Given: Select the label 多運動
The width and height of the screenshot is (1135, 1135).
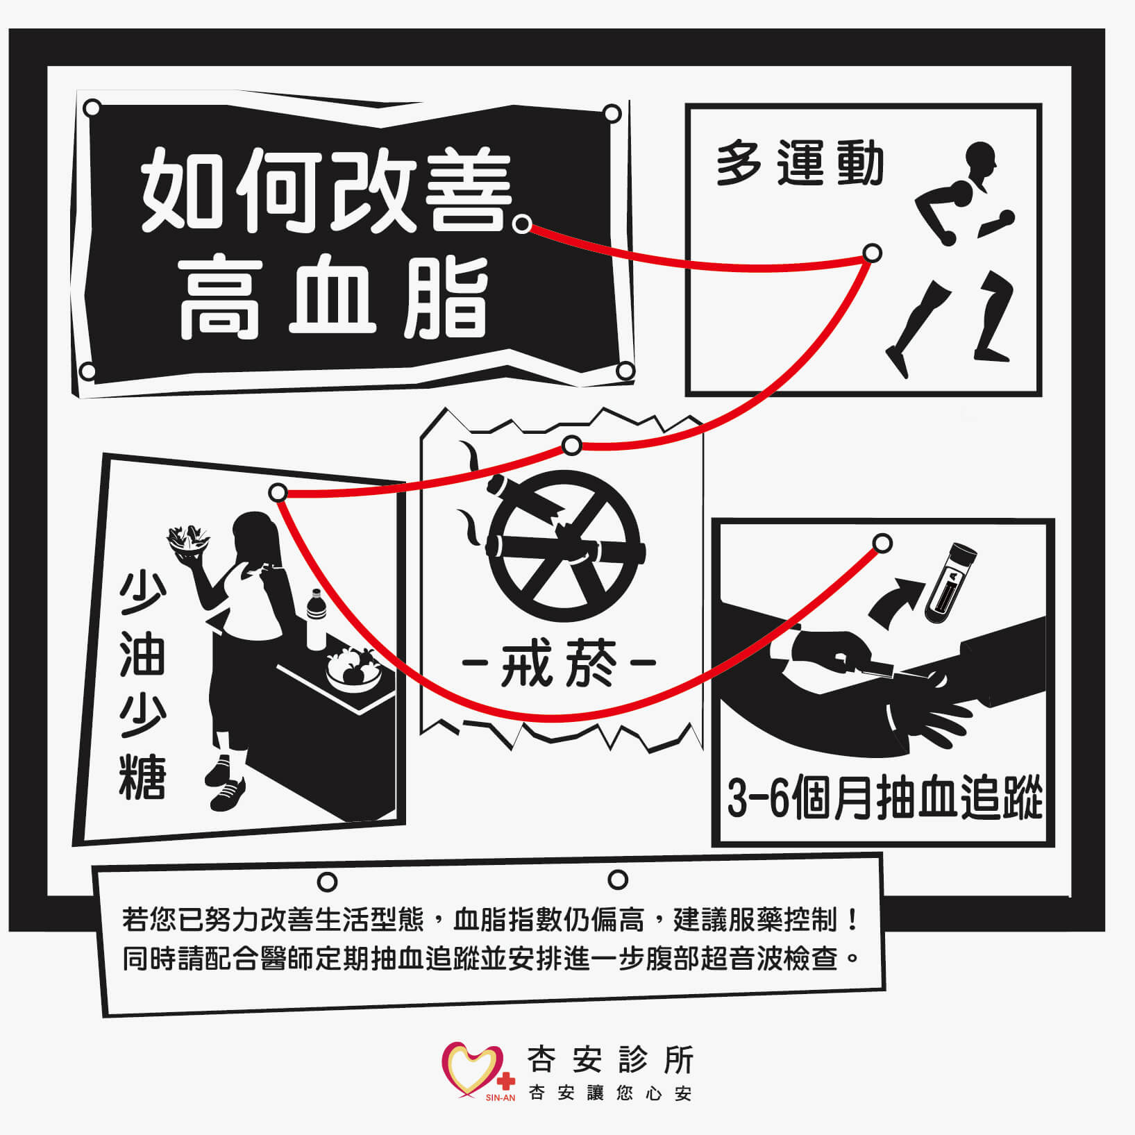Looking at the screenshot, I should click(799, 163).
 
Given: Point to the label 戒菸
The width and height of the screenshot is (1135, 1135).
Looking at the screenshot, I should click(559, 664).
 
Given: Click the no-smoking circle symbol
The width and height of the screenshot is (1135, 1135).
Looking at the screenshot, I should click(564, 546).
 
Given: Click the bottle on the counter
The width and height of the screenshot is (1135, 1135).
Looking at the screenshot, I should click(316, 619).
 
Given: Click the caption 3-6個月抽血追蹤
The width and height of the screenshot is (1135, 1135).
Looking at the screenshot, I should click(884, 799).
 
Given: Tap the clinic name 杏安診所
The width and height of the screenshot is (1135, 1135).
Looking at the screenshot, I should click(610, 1059).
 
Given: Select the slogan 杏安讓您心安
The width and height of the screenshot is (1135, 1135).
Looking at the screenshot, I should click(610, 1094).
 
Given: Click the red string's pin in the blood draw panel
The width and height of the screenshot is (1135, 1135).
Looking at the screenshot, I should click(882, 543).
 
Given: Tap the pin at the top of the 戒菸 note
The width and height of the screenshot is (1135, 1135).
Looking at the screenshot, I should click(571, 445).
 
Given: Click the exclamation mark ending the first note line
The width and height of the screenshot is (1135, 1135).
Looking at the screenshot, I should click(853, 920).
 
